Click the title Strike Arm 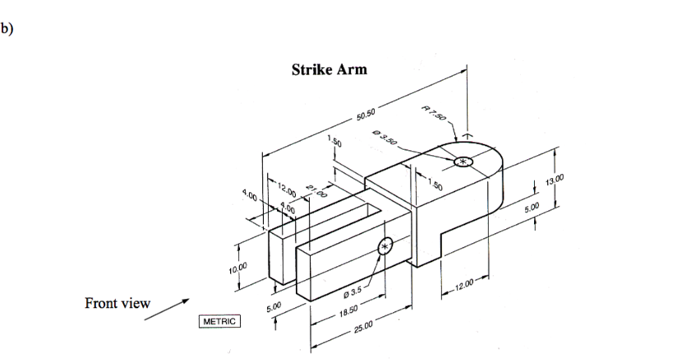click(329, 71)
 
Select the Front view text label click(118, 304)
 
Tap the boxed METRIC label click(219, 322)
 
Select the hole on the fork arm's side click(385, 245)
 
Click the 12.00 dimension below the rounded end click(466, 284)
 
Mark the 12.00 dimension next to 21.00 click(287, 188)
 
